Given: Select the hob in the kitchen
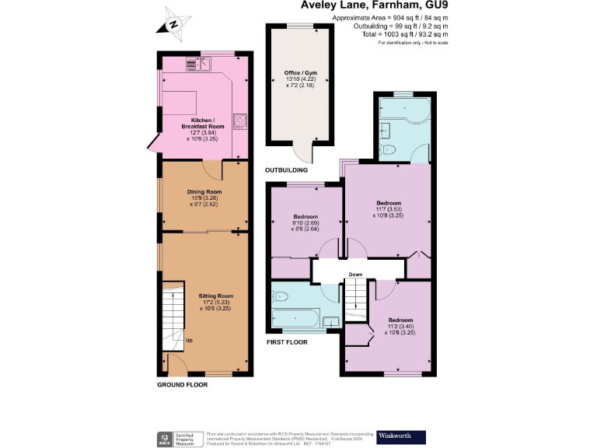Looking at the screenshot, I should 240,121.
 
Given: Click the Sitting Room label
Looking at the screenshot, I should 215,301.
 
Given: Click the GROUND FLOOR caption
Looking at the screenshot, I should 182,385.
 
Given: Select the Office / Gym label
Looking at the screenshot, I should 300,77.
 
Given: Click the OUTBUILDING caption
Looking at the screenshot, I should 287,170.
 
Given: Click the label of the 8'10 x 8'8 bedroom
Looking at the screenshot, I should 305,221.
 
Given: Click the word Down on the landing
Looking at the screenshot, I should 355,274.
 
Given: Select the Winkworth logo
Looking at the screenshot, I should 400,436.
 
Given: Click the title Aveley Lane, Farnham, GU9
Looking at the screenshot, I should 374,5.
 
